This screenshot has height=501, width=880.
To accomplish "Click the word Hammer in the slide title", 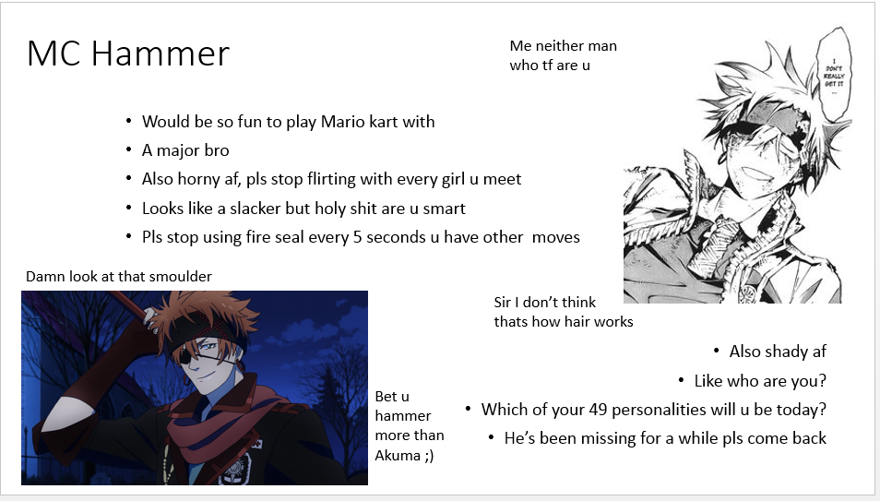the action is [x=160, y=54].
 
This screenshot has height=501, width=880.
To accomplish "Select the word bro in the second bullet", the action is [x=217, y=150].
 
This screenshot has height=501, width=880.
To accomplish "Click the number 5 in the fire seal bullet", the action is [x=357, y=237].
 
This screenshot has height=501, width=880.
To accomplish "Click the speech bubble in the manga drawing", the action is [x=834, y=73].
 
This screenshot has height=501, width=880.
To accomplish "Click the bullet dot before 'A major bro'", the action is [x=129, y=149].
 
